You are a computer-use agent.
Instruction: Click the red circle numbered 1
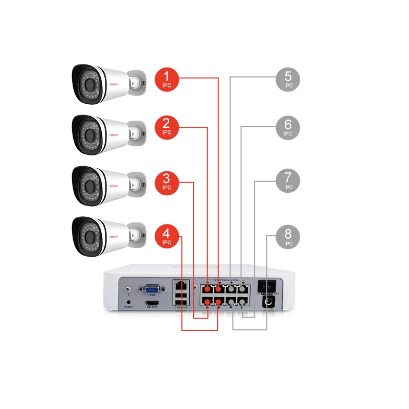[167, 79]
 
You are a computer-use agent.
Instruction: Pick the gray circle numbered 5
[288, 79]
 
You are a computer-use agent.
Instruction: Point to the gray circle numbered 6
[288, 128]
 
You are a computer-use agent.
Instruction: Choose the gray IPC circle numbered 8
[288, 238]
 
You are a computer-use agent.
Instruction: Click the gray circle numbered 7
[288, 181]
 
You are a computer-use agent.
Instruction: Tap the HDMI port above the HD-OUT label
[152, 303]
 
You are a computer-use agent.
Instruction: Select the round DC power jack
[267, 303]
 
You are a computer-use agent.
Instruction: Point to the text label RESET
[128, 308]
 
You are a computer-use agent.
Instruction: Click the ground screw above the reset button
[127, 290]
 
